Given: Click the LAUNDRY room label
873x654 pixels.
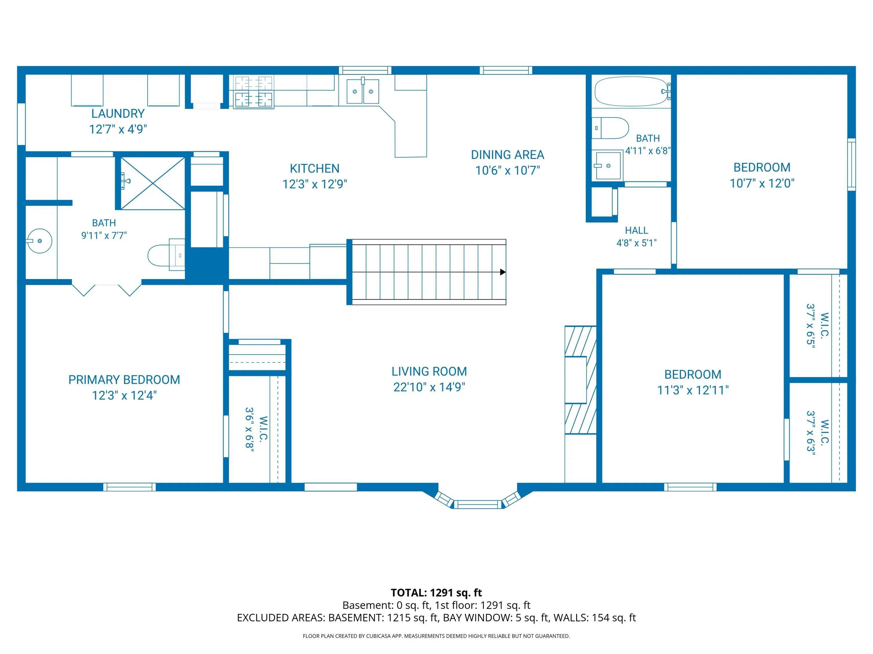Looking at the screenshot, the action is coord(118,114).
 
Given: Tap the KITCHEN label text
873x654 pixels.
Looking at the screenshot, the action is coord(315,169).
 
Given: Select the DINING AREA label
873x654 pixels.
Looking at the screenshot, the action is coord(508,155).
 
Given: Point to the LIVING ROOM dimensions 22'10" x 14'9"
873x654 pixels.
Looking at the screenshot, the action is coord(430,387).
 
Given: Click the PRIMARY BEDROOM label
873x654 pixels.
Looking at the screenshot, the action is coord(124,380).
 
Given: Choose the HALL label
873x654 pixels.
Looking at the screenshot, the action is coord(637,230).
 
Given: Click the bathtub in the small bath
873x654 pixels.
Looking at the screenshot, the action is coord(631,92).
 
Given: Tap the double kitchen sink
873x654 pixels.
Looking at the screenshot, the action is coord(363,92).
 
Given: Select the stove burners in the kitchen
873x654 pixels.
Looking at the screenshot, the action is coord(253,92).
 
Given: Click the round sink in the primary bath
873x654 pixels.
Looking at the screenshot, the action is coord(40,241).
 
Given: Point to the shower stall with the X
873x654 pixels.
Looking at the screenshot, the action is coord(152,183).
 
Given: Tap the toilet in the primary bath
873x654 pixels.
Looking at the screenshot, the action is coord(166,255).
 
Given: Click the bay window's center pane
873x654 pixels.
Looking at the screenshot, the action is coord(478,504).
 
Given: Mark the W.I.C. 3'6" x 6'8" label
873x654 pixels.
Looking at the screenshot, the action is coord(257,429).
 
